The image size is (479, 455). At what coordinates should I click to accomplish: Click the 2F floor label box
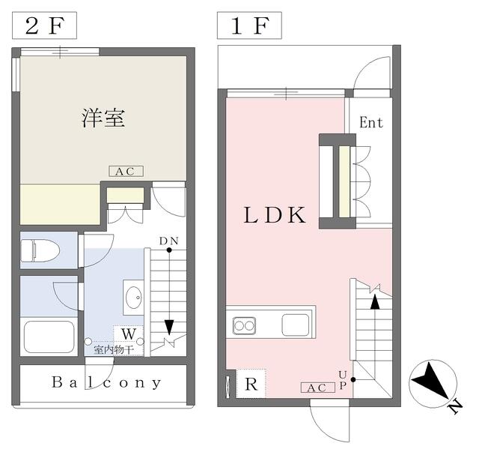44,25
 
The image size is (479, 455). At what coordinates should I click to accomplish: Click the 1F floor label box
249,25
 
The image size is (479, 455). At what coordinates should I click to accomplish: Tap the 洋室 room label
103,118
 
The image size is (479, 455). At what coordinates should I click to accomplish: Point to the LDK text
275,215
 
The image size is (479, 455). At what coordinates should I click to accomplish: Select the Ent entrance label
371,123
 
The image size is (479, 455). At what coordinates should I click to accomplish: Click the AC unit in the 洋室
126,172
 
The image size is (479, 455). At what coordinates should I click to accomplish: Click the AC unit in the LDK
317,388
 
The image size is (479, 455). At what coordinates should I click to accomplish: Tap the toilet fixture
40,250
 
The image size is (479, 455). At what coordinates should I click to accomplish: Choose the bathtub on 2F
49,337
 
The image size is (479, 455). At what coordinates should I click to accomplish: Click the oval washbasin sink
134,298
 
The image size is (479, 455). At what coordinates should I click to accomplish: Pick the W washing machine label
129,334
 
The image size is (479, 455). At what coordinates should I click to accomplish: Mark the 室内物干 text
114,349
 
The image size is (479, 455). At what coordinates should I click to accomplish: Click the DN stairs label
168,241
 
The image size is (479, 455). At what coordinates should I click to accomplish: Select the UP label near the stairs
343,380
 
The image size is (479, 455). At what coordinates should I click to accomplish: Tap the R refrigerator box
251,384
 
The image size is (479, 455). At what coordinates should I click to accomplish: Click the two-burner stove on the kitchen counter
244,325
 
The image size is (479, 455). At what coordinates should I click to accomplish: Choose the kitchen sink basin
296,325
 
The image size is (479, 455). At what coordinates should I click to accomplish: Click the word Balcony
106,382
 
